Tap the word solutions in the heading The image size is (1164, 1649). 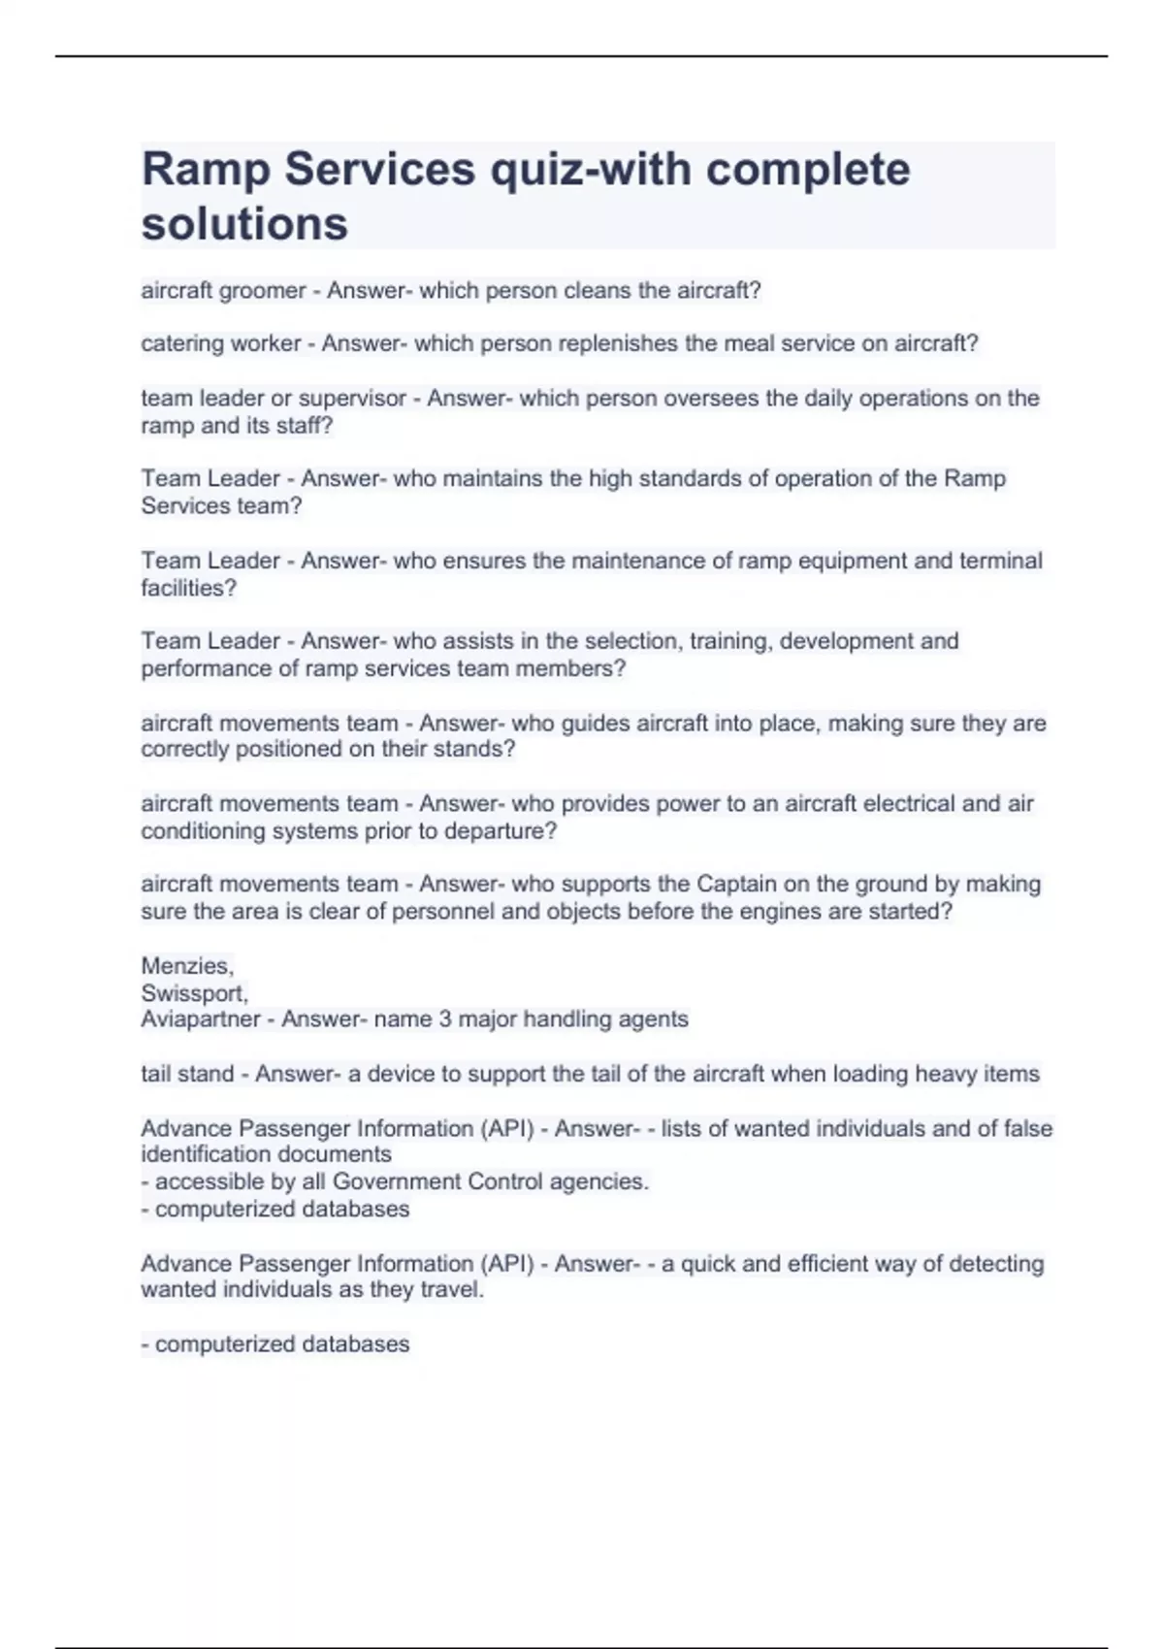tap(244, 224)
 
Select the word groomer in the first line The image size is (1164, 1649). tap(263, 291)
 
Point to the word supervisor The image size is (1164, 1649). tap(352, 399)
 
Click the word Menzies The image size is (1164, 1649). tap(185, 966)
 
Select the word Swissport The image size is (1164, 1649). tap(193, 993)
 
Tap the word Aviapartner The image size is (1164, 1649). tap(200, 1019)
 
